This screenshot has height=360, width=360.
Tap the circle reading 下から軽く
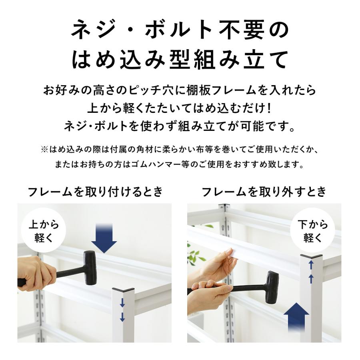tap(313, 231)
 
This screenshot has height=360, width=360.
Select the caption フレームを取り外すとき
tap(264, 192)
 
